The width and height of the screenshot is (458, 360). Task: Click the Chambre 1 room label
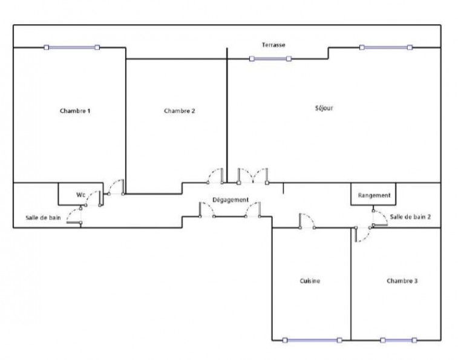[75, 111]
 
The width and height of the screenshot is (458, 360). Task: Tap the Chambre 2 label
[179, 111]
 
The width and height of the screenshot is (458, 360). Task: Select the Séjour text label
[324, 108]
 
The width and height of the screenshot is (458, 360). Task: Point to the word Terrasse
[273, 45]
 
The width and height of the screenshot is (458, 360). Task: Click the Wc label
[80, 195]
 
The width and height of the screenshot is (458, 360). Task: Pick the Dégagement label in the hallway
[231, 200]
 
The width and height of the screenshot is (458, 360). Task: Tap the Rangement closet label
[374, 195]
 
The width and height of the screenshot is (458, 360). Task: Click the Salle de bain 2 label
[410, 217]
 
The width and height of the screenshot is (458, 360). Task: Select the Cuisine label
[310, 281]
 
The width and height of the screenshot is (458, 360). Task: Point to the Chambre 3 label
[402, 281]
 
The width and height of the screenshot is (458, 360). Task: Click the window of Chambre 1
[72, 47]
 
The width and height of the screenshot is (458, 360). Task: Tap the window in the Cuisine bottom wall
[312, 340]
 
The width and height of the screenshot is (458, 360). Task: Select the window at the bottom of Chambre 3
[399, 340]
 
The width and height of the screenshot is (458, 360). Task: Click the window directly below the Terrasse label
[270, 59]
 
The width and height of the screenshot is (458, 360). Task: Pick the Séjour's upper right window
[386, 47]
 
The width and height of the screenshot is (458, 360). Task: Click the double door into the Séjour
[253, 176]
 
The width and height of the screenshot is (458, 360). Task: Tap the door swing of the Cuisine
[307, 221]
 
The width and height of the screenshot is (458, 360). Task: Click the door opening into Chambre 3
[362, 234]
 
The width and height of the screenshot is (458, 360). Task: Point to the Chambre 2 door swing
[215, 176]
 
